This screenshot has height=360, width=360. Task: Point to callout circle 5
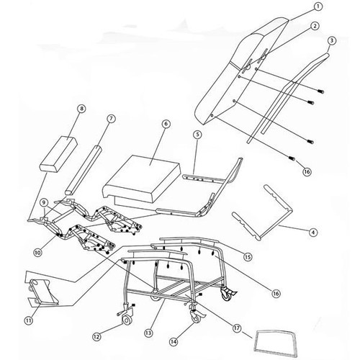pos(197,134)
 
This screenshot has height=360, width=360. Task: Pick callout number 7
pos(112,117)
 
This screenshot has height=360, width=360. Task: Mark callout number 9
pos(43,203)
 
